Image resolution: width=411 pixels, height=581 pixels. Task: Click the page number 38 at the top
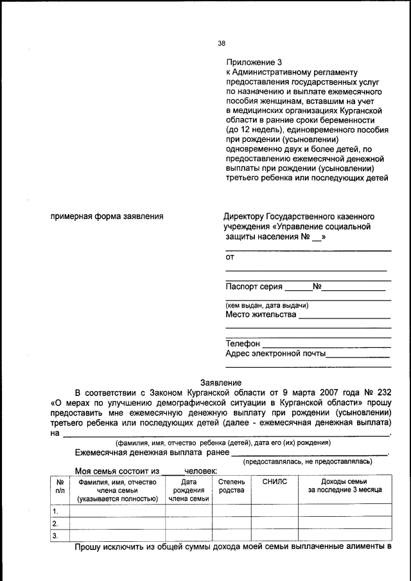222,44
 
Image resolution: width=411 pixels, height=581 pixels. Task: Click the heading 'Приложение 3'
254,62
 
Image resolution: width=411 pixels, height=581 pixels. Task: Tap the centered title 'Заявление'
221,382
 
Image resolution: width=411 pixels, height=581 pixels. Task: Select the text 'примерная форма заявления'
107,216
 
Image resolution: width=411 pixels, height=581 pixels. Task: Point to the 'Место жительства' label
261,315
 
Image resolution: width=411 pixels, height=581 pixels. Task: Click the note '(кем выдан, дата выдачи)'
267,305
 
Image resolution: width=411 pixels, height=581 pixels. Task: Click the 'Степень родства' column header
231,485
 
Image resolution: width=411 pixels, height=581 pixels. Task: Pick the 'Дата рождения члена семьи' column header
188,489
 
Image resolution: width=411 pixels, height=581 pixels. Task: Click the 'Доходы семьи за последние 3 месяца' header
344,485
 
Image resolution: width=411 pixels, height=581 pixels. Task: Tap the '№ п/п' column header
59,485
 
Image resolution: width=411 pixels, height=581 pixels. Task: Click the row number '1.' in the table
56,511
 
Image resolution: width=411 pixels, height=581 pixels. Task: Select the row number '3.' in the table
56,535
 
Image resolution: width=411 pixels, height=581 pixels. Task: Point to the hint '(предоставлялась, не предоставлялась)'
307,462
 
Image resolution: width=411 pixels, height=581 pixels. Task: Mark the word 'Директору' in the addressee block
243,216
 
